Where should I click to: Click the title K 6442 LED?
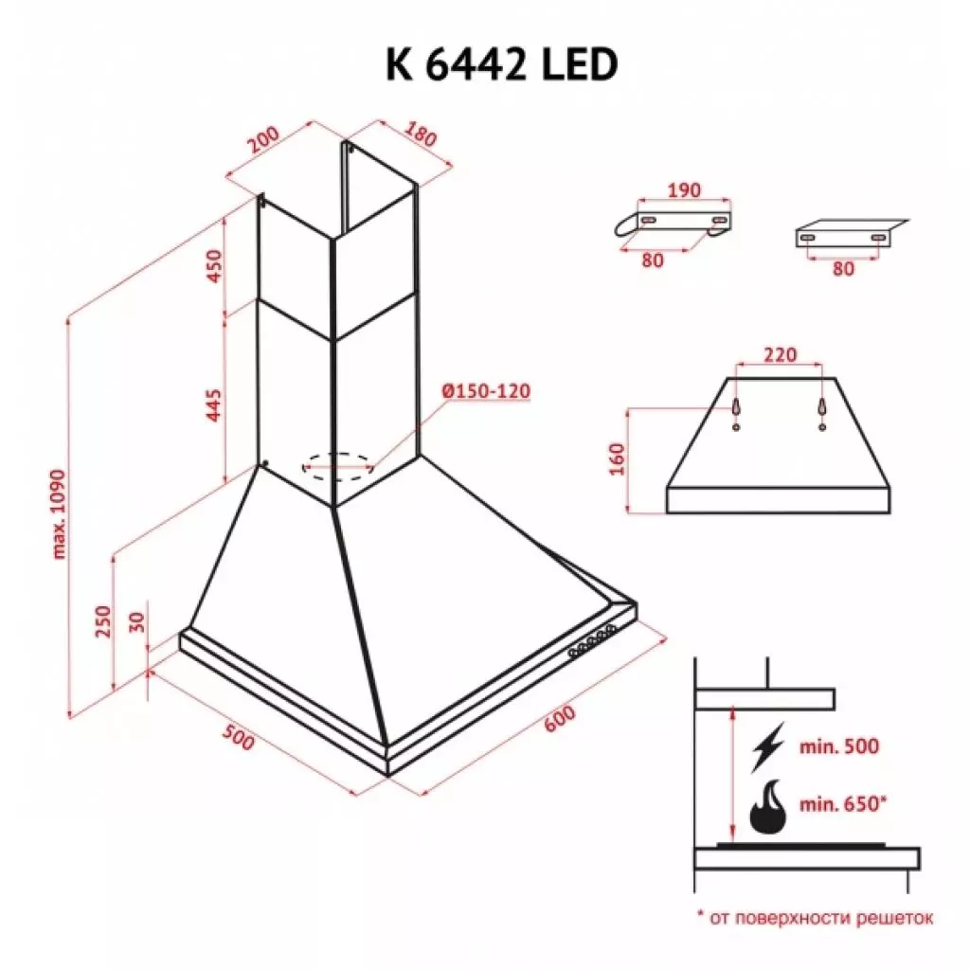[501, 64]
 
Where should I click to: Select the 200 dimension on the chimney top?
[263, 141]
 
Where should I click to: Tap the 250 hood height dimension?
[103, 621]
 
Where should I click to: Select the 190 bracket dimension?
[682, 190]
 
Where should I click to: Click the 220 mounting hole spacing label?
[779, 356]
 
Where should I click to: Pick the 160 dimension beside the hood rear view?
[617, 460]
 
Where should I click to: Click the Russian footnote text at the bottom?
[815, 917]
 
